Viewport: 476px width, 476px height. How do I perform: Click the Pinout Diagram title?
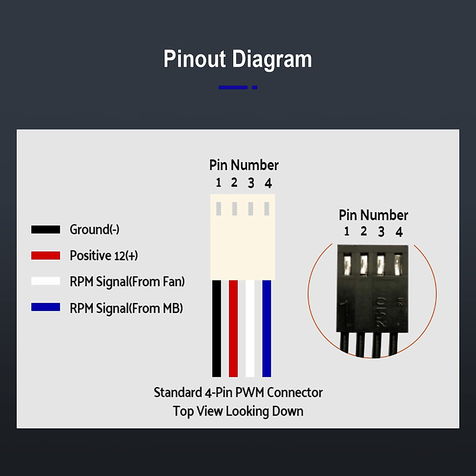click(238, 59)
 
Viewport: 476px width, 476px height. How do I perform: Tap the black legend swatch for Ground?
click(46, 229)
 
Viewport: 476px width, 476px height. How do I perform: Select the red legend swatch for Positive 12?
click(46, 255)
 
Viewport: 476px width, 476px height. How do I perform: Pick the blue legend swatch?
click(46, 307)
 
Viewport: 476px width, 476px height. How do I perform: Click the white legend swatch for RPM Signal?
click(46, 281)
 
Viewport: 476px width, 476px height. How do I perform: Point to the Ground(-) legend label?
click(95, 230)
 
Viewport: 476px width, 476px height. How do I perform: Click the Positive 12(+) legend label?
click(104, 255)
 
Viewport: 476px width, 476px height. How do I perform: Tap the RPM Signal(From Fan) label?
click(127, 282)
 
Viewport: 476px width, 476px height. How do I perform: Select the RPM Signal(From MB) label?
click(126, 308)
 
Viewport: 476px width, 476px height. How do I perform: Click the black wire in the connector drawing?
click(217, 328)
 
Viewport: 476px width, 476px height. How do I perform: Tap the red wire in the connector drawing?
click(233, 328)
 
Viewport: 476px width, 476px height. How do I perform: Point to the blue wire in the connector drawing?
click(267, 328)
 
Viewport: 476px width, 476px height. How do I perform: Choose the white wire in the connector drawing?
click(250, 328)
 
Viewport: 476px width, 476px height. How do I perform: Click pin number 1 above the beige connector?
click(218, 182)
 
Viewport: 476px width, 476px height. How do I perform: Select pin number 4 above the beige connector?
click(268, 183)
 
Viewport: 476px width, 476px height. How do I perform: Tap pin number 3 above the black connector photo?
click(381, 232)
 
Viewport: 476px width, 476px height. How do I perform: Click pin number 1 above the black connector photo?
click(347, 231)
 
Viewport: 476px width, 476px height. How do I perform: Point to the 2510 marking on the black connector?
click(381, 312)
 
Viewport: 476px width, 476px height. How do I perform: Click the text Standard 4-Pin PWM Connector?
click(238, 393)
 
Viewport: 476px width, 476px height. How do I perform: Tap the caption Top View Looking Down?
click(238, 411)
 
